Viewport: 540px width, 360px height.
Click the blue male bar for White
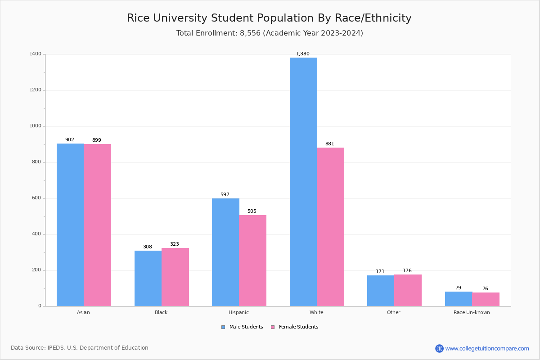point(303,182)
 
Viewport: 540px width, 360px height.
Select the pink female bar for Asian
point(97,225)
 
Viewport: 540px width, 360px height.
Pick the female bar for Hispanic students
point(252,261)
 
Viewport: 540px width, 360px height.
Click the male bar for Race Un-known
point(459,299)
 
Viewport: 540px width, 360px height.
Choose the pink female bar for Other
point(408,290)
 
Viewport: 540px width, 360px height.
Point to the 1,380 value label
point(303,54)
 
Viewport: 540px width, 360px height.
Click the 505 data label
point(252,211)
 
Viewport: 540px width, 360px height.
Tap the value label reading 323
point(175,244)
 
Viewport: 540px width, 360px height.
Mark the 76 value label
point(485,289)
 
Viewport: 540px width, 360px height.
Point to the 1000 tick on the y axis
point(36,126)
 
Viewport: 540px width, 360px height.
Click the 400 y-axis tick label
point(36,234)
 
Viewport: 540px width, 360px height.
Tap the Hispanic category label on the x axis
point(238,312)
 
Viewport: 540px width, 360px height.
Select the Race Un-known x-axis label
point(472,312)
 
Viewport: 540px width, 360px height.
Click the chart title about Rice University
point(269,18)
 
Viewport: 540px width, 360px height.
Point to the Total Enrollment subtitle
point(270,33)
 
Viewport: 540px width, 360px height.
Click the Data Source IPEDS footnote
point(80,348)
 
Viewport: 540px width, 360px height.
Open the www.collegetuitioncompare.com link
point(487,348)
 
